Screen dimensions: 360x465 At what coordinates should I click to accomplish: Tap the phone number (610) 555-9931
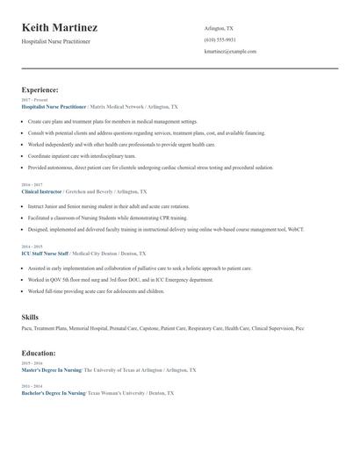(220, 39)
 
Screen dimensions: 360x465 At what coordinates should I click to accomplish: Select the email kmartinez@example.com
(230, 51)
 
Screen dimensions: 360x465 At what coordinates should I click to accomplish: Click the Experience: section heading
(40, 89)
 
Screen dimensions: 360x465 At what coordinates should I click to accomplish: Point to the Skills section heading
(30, 317)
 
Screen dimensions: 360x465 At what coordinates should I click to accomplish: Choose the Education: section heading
(39, 353)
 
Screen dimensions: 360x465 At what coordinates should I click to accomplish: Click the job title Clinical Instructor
(42, 190)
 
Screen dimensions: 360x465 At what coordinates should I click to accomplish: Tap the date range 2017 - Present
(34, 100)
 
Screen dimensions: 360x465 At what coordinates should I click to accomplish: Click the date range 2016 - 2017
(31, 184)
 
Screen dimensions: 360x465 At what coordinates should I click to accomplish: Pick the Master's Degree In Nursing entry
(52, 369)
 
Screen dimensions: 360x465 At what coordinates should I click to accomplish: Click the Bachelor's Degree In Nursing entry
(53, 392)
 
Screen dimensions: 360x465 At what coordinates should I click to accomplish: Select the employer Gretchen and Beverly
(90, 190)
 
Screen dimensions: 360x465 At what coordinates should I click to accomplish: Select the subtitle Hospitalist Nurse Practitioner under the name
(55, 41)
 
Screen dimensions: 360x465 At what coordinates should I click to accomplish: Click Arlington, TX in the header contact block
(219, 28)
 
